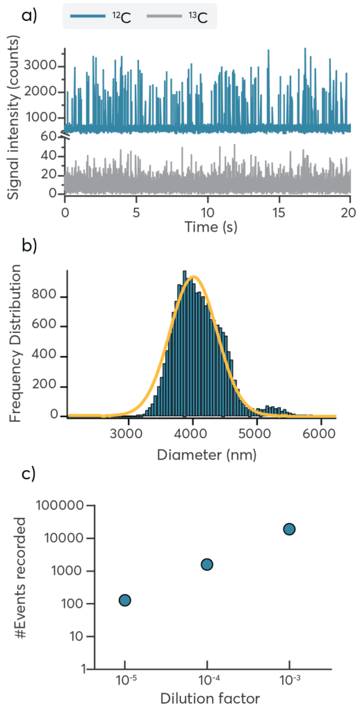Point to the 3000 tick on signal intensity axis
tap(44, 67)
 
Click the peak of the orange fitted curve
tap(195, 277)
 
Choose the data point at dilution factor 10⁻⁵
tap(125, 600)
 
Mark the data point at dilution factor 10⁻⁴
tap(206, 564)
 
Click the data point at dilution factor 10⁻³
tap(289, 529)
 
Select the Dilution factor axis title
tap(207, 699)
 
